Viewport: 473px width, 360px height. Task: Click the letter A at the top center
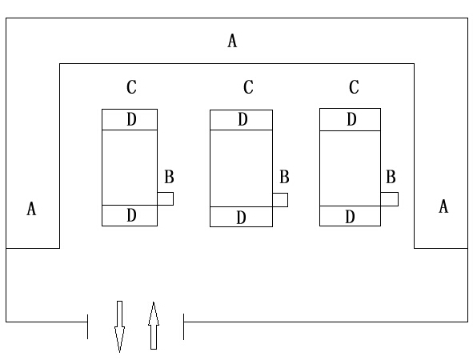232,41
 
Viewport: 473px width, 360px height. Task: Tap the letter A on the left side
31,209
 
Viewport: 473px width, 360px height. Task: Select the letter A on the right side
443,206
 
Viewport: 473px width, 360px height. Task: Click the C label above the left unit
131,87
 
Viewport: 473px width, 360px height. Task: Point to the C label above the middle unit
248,87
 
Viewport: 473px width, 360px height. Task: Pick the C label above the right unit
354,87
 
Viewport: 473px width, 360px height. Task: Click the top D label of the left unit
131,119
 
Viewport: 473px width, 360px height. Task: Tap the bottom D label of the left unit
131,215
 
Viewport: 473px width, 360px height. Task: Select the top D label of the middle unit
243,119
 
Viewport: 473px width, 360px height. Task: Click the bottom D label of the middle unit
241,218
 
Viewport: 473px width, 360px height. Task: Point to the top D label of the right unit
351,119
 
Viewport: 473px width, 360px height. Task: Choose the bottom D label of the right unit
350,217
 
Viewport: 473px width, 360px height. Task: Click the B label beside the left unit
169,177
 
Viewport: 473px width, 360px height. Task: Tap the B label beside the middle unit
284,177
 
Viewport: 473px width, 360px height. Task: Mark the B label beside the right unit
391,177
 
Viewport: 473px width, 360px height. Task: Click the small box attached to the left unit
166,198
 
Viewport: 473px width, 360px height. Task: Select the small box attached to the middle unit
280,200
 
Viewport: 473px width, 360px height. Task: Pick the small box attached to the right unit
390,199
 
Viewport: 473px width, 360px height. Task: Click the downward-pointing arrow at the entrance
119,326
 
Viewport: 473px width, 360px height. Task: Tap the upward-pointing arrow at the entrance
154,326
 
